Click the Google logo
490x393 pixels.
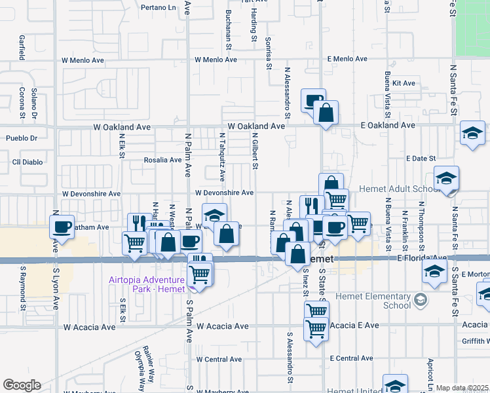tap(22, 385)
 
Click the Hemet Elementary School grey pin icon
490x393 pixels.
tap(419, 301)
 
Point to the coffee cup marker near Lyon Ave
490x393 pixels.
tap(63, 227)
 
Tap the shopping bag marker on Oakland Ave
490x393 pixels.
tap(326, 114)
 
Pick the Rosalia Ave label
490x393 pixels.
tap(163, 160)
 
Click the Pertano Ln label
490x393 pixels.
tap(159, 8)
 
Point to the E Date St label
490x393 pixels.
tap(421, 159)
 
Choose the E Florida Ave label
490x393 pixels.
tap(421, 258)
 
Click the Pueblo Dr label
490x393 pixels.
tap(22, 138)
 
